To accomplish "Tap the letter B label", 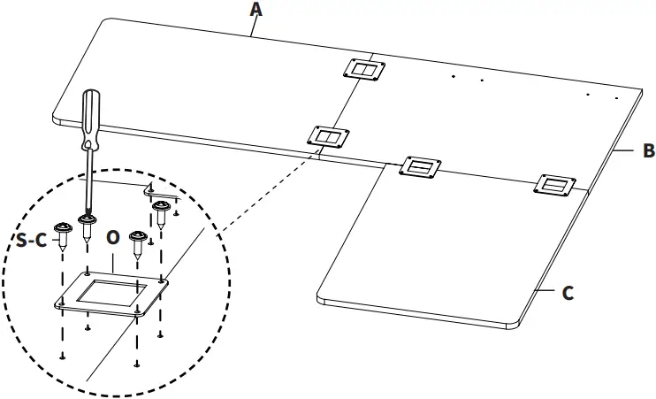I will (648, 151).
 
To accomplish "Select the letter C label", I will (568, 293).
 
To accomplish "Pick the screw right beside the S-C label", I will (61, 236).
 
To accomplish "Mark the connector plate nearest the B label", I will (556, 184).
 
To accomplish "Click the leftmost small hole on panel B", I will (453, 77).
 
